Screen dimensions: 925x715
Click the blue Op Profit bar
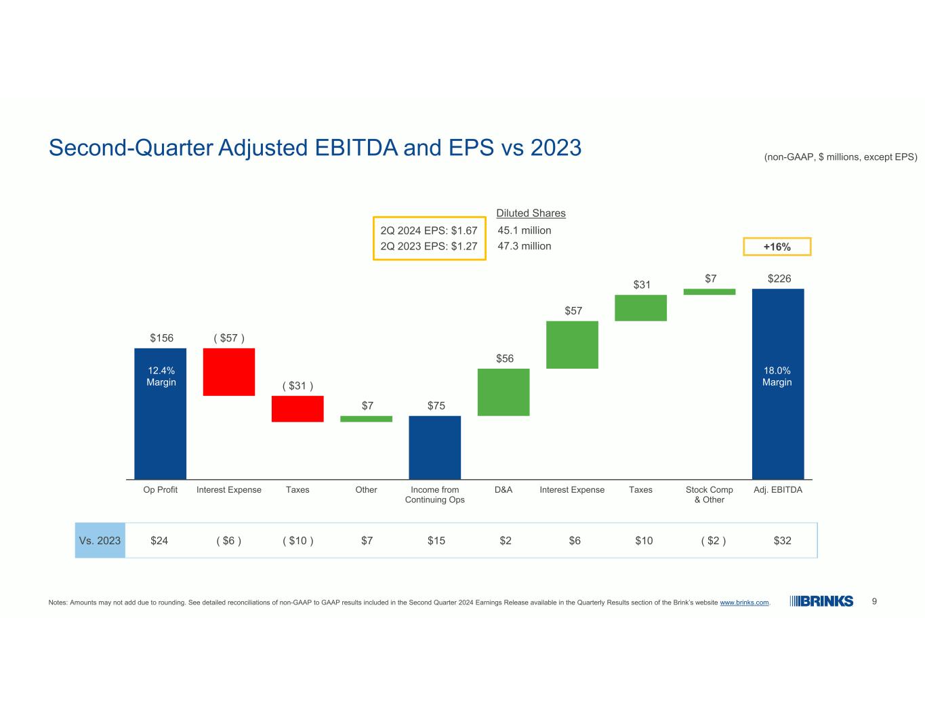point(160,413)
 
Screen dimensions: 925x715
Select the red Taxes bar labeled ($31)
point(297,409)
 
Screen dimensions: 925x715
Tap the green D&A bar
point(503,392)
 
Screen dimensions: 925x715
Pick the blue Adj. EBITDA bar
point(778,384)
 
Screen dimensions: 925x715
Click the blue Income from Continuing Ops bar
point(434,447)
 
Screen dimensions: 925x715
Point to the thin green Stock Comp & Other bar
point(710,291)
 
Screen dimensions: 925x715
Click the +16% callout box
point(777,247)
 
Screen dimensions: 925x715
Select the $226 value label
point(779,279)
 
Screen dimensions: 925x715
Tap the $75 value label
point(436,405)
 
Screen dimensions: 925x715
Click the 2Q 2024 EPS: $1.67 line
point(429,230)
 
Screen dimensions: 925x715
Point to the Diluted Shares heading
point(531,213)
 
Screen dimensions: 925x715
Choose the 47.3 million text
point(524,246)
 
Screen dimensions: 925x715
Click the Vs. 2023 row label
point(100,540)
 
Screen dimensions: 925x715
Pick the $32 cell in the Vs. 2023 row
point(782,541)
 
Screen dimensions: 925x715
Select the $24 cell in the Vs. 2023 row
point(159,541)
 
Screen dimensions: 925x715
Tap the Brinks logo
point(821,601)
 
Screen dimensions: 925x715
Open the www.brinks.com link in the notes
point(744,602)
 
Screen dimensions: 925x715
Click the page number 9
point(874,601)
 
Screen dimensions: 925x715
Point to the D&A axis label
point(503,489)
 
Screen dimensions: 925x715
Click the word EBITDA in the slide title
point(356,148)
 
